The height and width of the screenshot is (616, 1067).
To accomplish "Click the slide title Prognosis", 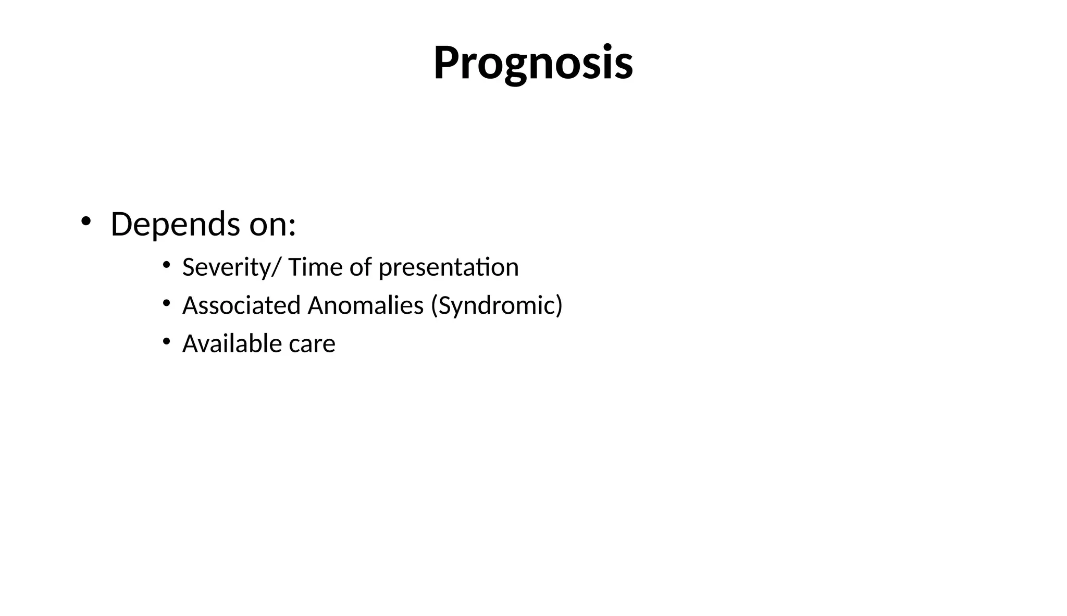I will pos(533,64).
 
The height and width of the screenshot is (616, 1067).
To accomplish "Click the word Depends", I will pos(176,225).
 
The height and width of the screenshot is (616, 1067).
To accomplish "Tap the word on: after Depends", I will pos(272,225).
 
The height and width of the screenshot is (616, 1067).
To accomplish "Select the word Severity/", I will pos(231,267).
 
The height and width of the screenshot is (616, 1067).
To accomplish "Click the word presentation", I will pos(449,267).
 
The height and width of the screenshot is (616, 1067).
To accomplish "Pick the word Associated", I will pos(241,305).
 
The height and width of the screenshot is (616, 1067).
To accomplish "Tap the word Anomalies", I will pos(365,305).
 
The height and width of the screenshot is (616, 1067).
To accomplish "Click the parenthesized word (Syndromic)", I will pos(497,305).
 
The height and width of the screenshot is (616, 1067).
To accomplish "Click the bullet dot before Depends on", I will pos(85,221).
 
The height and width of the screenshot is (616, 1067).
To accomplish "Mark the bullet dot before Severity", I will pos(166,265).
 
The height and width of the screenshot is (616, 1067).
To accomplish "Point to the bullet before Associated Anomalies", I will pos(166,303).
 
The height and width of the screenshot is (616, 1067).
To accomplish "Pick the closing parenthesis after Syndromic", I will pos(559,305).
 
